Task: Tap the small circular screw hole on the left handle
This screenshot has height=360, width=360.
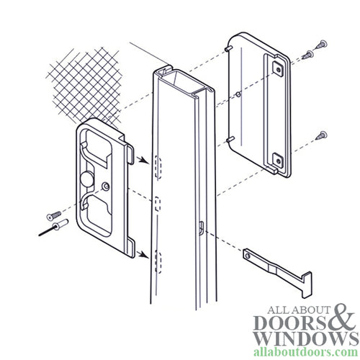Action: (107, 186)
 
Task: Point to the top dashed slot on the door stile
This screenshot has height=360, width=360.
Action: (156, 164)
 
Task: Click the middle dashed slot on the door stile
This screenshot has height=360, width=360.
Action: (156, 203)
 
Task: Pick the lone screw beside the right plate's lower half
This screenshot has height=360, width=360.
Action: (321, 133)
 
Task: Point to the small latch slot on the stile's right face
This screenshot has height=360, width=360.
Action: (199, 229)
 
